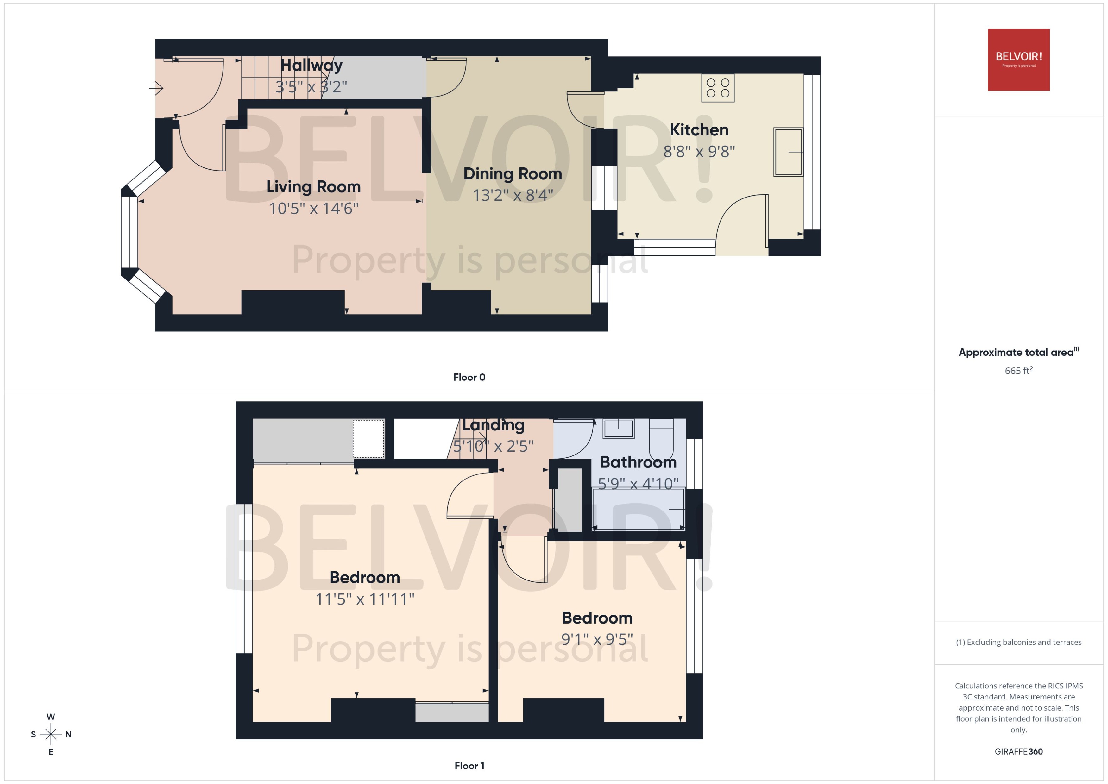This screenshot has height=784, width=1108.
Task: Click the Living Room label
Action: click(313, 187)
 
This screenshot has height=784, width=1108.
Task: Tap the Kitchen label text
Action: click(699, 130)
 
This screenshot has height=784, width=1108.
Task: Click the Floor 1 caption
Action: click(469, 766)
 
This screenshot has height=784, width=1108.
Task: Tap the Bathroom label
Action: click(638, 462)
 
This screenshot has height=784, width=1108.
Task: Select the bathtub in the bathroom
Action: click(638, 509)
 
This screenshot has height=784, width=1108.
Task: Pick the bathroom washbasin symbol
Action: click(619, 429)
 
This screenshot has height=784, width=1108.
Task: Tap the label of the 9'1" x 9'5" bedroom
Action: click(597, 618)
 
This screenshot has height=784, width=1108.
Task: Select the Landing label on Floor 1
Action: click(493, 425)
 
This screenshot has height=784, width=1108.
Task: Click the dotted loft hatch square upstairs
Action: click(368, 439)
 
